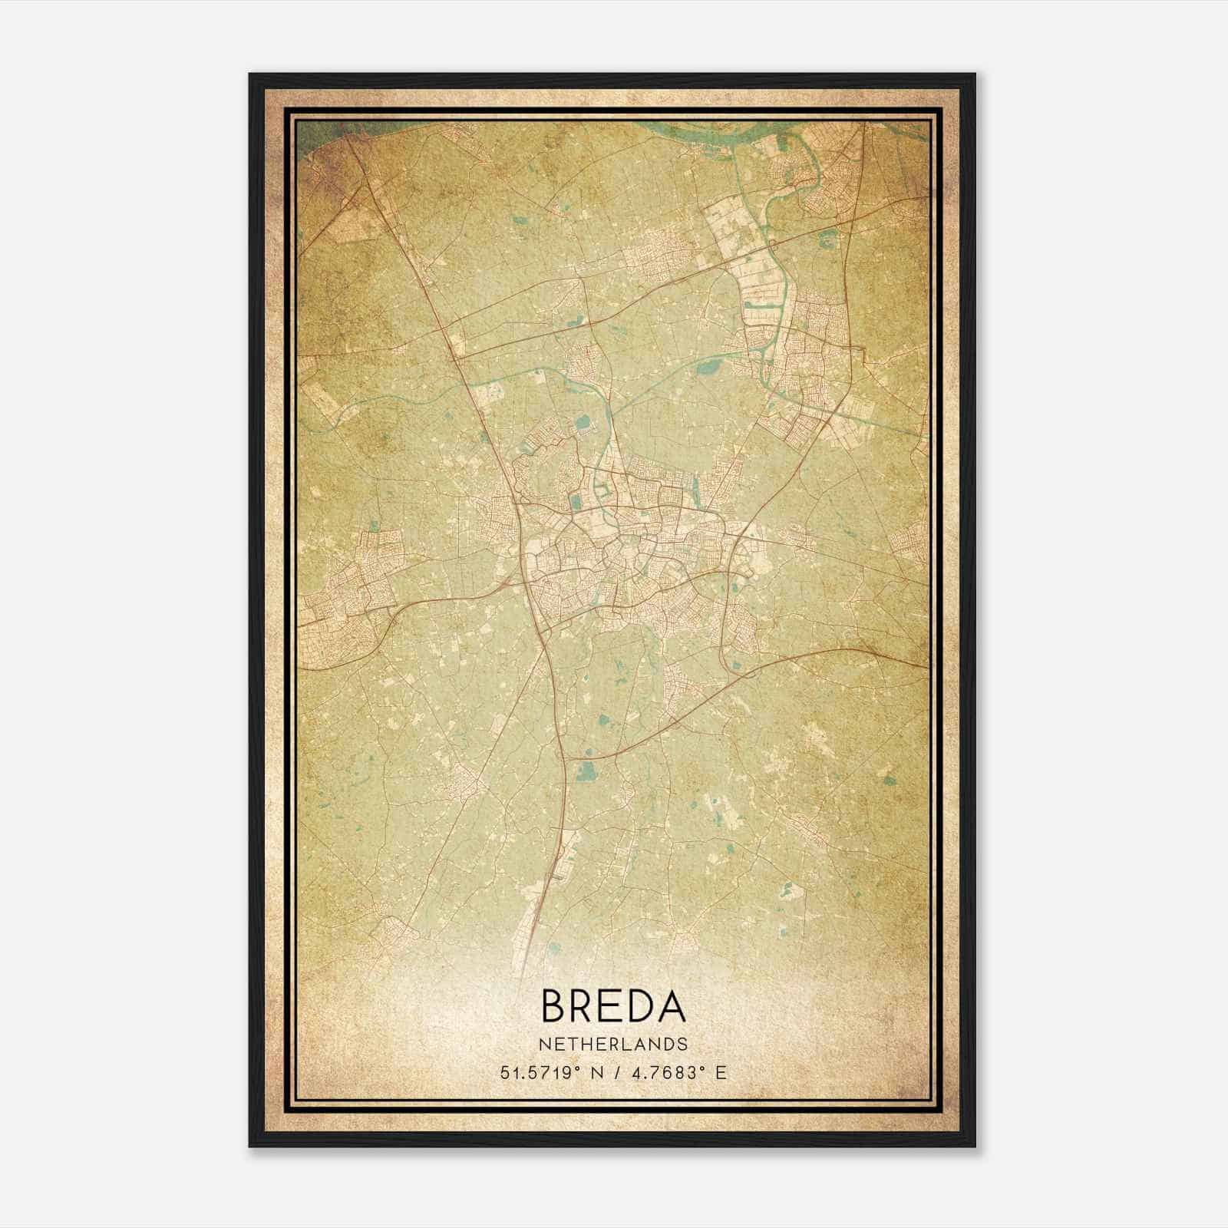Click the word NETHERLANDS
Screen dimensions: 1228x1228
click(x=613, y=1045)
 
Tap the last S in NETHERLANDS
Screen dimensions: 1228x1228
click(x=682, y=1045)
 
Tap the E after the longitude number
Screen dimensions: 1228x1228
click(x=720, y=1072)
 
